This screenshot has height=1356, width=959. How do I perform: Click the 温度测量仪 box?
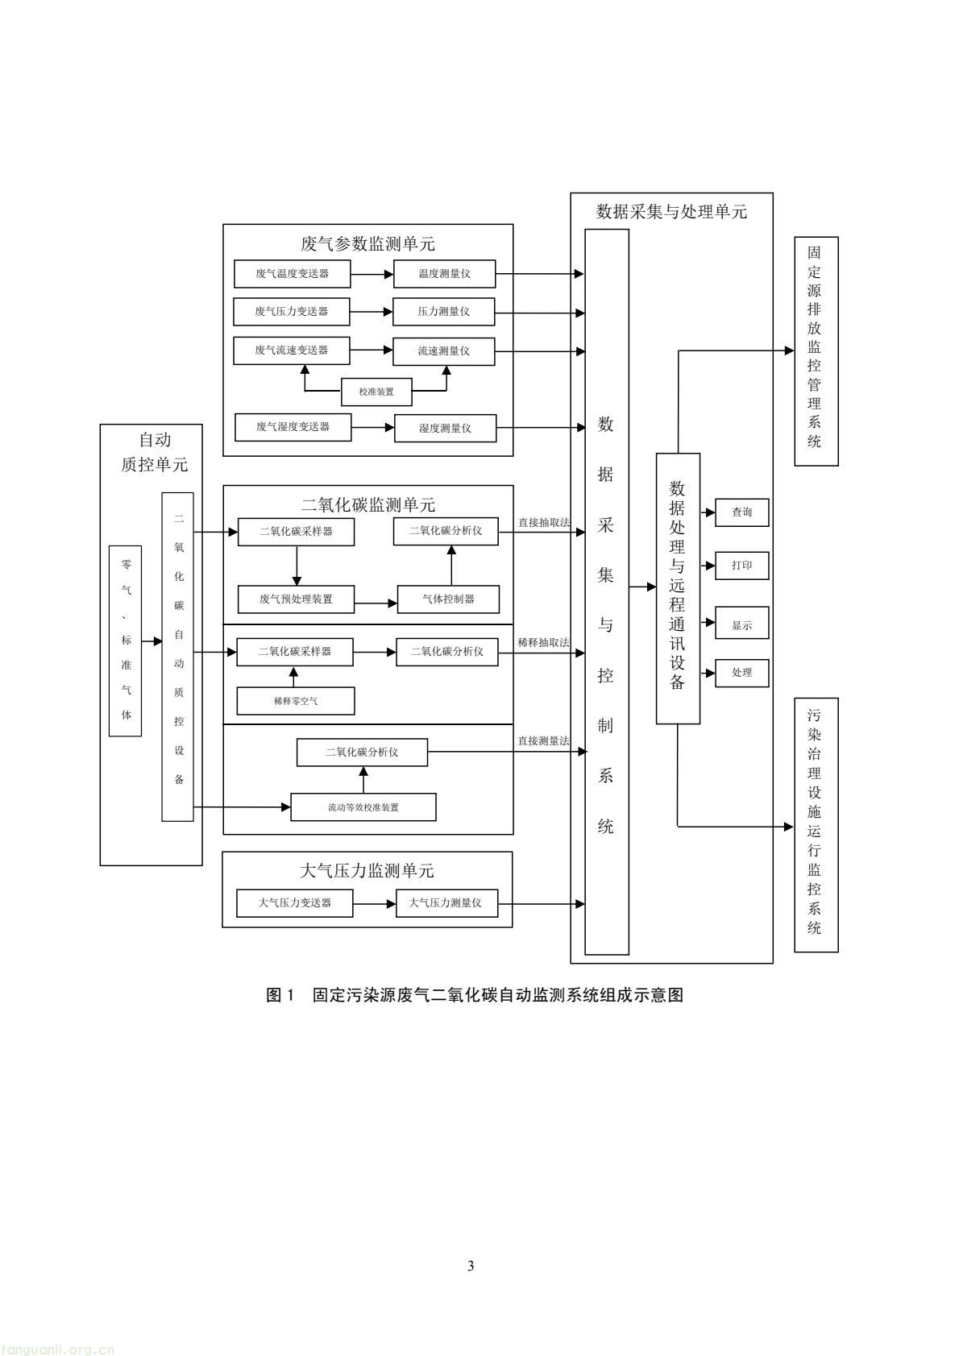click(x=444, y=274)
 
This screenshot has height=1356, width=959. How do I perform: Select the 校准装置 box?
click(x=376, y=392)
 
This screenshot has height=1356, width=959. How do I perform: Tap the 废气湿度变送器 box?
click(x=293, y=427)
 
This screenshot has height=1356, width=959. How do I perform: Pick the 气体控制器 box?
click(x=448, y=599)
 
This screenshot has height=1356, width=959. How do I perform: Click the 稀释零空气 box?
click(x=295, y=701)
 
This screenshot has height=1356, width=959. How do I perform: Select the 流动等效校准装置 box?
click(x=363, y=807)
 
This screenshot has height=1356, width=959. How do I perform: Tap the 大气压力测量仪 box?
click(x=446, y=903)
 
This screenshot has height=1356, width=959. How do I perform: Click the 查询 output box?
click(x=741, y=512)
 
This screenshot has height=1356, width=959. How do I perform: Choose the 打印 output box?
click(x=741, y=566)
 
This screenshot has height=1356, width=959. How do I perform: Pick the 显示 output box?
click(x=741, y=625)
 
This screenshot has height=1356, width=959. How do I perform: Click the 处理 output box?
click(x=741, y=673)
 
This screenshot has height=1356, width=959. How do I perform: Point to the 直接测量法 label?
click(x=543, y=740)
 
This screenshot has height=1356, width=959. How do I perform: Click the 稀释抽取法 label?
click(x=543, y=643)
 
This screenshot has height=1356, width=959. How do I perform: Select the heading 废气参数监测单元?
click(x=367, y=243)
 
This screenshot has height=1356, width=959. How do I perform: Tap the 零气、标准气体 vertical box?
click(x=126, y=641)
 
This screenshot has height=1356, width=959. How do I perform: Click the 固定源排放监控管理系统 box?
click(x=816, y=351)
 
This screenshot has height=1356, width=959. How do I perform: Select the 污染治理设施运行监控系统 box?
click(x=816, y=825)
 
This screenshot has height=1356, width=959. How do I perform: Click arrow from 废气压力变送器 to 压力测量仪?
click(x=372, y=312)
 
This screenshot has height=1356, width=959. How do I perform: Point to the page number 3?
click(x=471, y=1266)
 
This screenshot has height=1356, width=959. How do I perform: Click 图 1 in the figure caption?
click(x=281, y=995)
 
